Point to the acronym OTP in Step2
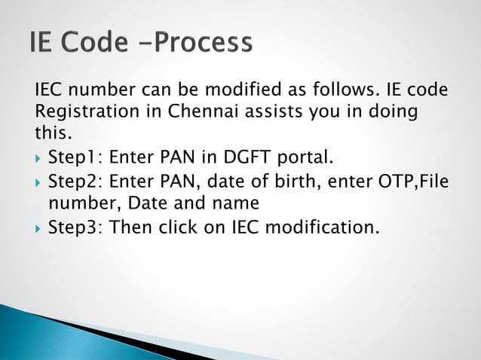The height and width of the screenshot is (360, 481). (390, 182)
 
